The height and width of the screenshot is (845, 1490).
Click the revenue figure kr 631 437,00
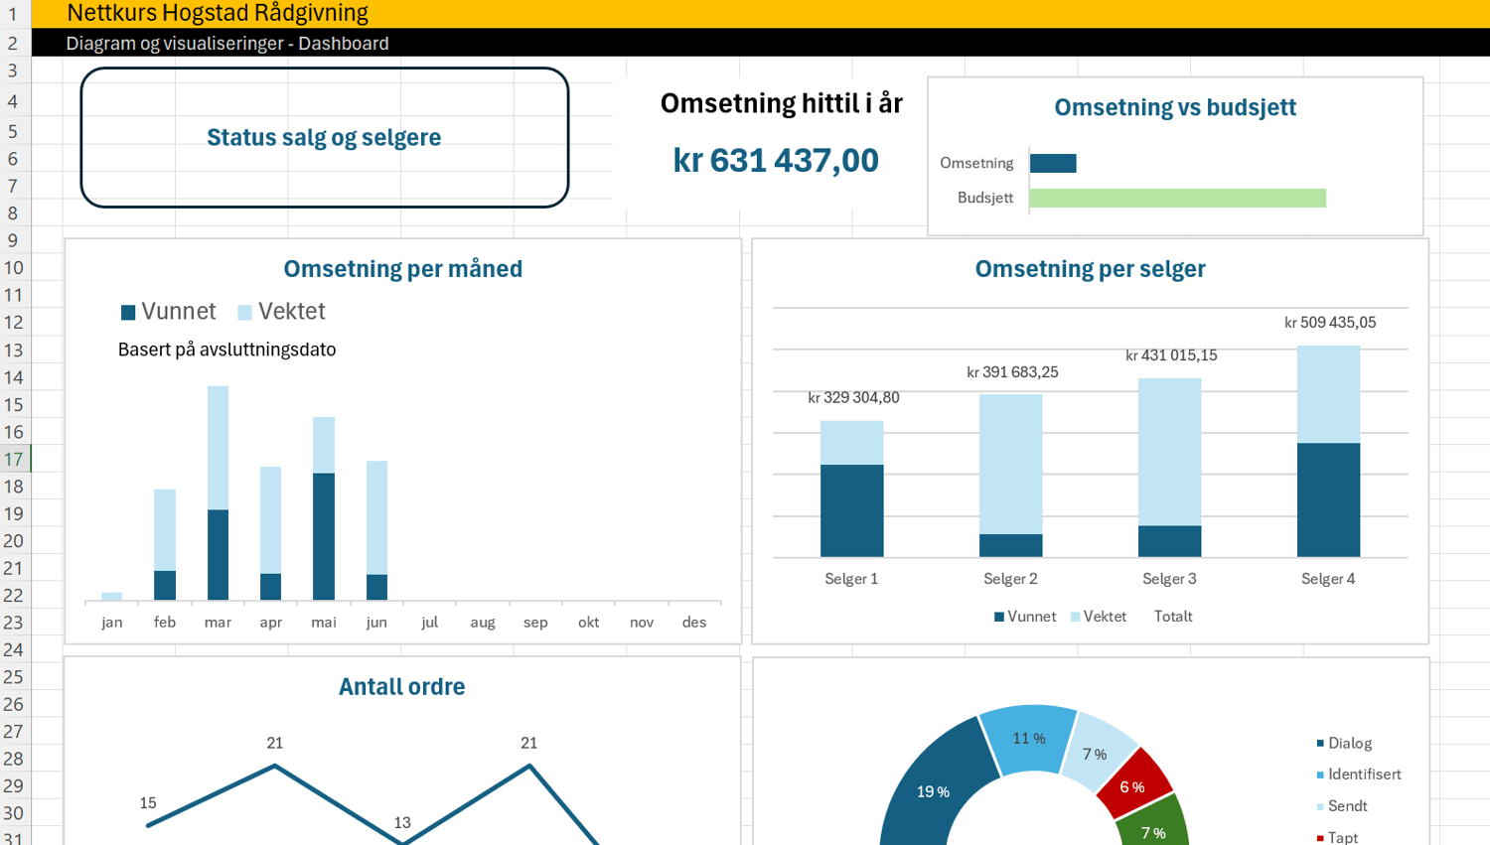pos(776,161)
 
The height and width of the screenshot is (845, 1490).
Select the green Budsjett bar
pos(1177,198)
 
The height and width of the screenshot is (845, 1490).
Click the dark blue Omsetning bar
pos(1053,163)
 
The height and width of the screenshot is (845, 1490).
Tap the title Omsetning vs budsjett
pos(1174,107)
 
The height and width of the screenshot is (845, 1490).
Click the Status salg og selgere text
pos(324,137)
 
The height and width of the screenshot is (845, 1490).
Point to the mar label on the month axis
pos(218,623)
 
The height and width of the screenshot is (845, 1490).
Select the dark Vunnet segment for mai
pos(324,536)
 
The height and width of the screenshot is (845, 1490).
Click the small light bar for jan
pos(112,596)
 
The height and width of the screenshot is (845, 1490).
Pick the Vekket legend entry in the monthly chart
pos(282,312)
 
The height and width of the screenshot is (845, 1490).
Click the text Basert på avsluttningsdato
pos(226,350)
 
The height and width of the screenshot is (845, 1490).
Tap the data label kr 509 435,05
pos(1330,323)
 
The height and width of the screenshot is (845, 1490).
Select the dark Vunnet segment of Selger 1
pos(851,510)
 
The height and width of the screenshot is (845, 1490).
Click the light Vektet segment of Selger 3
pos(1169,452)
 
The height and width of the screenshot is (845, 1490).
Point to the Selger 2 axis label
pos(1010,579)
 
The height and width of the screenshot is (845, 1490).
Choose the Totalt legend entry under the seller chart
pos(1173,617)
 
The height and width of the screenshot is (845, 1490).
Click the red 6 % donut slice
pos(1133,784)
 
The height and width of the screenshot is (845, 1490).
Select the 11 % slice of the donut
pos(1029,739)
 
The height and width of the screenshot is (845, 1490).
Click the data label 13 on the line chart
pos(402,822)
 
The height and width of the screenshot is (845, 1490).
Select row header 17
pos(14,459)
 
